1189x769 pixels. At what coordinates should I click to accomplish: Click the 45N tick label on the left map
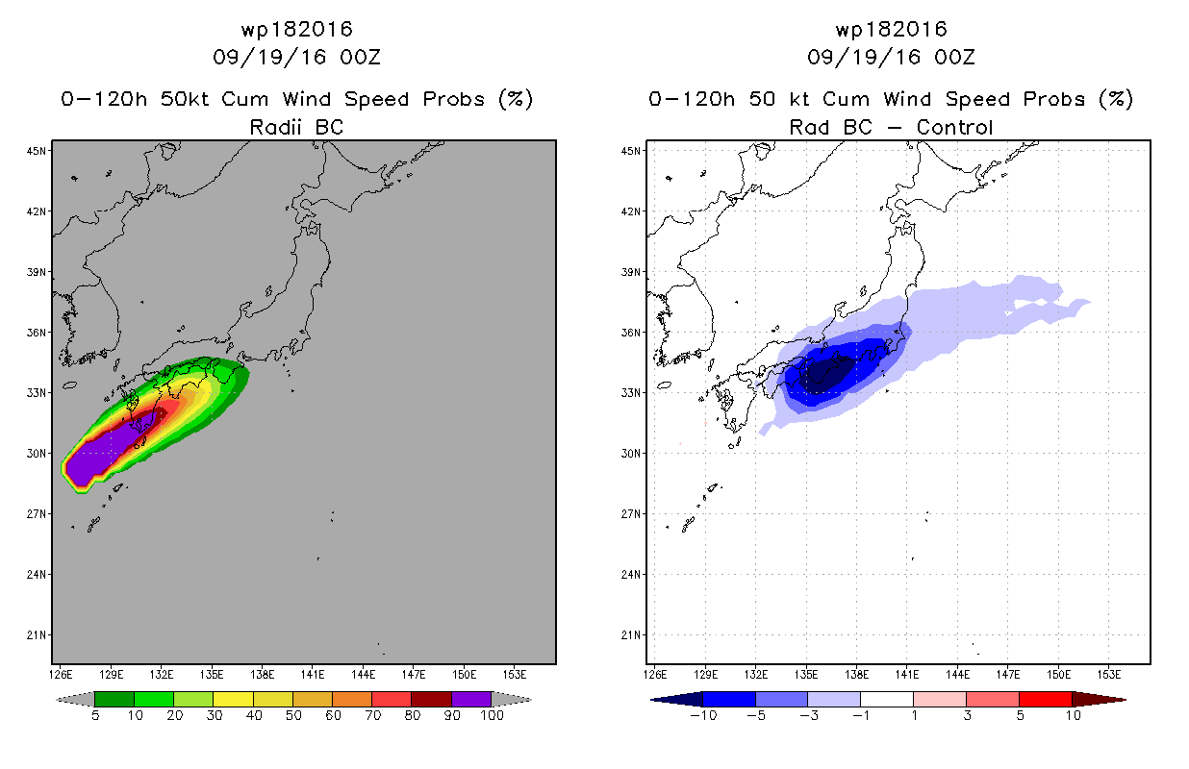point(36,151)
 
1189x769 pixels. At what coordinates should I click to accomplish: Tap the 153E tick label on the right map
point(1109,675)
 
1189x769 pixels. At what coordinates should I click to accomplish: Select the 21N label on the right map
point(630,634)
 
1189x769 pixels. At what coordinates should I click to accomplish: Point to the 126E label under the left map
point(60,675)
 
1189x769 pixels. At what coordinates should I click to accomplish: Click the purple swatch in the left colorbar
point(471,699)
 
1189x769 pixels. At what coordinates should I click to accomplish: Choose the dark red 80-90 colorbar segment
point(431,699)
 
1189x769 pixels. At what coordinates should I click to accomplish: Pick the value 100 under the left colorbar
point(492,715)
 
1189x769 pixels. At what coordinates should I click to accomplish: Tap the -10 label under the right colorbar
point(703,715)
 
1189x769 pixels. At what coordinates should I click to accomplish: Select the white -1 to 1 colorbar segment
point(886,699)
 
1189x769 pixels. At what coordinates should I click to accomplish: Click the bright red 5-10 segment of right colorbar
point(1046,699)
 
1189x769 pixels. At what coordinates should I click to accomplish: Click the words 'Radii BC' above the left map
point(296,127)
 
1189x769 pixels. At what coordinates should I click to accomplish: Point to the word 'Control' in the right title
point(954,127)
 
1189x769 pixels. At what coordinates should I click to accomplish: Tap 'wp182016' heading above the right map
point(891,29)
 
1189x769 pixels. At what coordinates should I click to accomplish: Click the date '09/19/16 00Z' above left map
point(296,57)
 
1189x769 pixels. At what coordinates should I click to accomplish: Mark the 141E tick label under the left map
point(312,675)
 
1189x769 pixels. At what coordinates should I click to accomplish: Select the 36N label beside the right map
point(630,333)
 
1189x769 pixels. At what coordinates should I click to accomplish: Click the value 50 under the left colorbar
point(293,715)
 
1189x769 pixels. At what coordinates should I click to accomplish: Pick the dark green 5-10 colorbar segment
point(114,699)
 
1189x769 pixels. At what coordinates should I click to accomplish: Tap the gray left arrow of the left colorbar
point(75,699)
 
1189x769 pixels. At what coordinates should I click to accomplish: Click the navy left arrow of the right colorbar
point(677,699)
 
